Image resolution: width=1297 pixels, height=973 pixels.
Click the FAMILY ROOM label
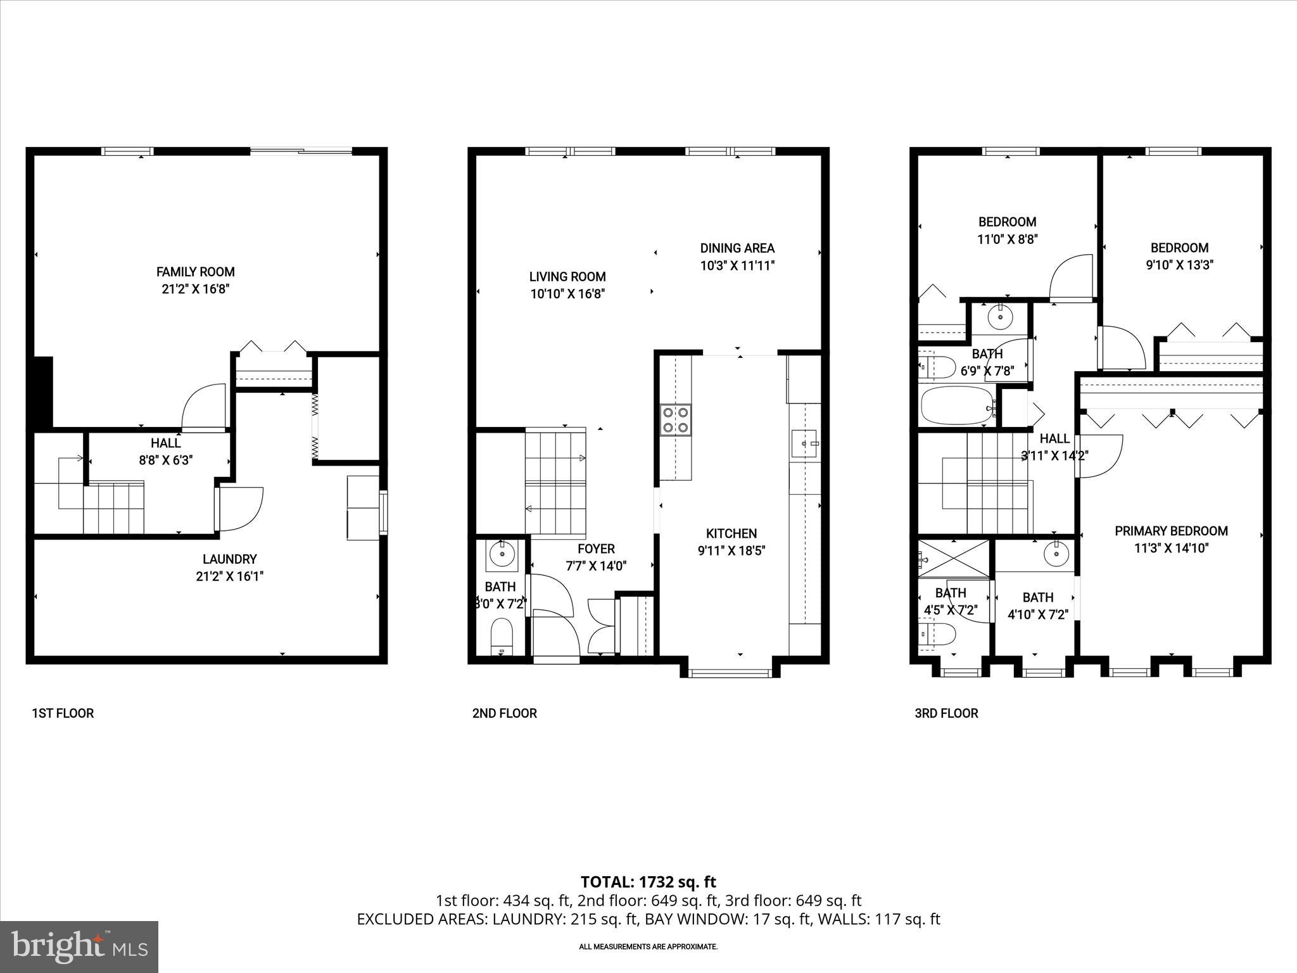tap(195, 272)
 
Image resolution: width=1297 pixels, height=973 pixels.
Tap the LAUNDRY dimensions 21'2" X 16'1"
tap(229, 576)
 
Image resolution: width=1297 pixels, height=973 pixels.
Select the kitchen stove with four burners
tap(675, 419)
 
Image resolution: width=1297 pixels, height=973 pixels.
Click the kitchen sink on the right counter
tap(805, 444)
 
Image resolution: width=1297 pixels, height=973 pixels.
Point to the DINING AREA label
tap(737, 248)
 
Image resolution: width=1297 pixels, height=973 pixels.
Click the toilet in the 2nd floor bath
tap(502, 637)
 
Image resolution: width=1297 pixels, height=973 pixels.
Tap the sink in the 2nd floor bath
tap(503, 555)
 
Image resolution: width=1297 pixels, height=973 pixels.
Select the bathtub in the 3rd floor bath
tap(956, 406)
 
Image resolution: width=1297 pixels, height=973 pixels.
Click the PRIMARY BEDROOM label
tap(1171, 531)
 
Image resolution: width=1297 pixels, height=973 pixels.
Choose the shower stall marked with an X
tap(953, 559)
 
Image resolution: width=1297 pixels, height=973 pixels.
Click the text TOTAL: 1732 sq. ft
tap(648, 882)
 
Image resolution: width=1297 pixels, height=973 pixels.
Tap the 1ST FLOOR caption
tap(63, 713)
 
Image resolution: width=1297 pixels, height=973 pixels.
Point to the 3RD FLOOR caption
tap(946, 713)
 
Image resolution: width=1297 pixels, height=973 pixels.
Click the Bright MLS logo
tap(79, 946)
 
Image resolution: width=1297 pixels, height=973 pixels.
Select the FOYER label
tap(596, 549)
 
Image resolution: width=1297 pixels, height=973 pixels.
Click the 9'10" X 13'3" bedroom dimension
tap(1179, 265)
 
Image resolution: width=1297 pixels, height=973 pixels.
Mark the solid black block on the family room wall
tap(42, 392)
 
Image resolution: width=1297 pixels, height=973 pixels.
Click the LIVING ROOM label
tap(567, 277)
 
